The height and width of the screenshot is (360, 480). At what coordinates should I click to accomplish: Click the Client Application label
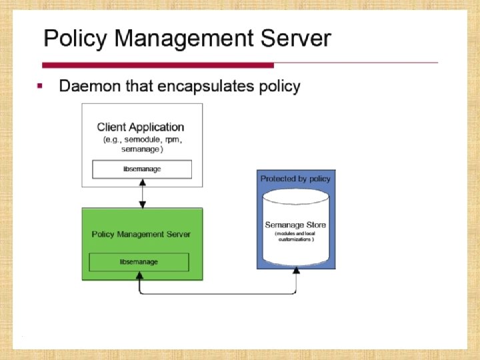[141, 127]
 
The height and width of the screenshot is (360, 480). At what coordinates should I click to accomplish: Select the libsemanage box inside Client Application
[141, 169]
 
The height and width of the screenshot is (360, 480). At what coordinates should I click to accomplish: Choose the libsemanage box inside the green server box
[139, 262]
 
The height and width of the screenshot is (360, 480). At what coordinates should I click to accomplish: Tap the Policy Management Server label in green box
[141, 234]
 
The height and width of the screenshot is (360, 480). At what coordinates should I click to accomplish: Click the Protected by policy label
[295, 179]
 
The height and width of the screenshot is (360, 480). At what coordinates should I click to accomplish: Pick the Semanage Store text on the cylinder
[295, 225]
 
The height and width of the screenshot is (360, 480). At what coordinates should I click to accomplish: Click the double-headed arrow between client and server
[141, 194]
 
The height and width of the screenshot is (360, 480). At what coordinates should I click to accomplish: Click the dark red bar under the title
[158, 65]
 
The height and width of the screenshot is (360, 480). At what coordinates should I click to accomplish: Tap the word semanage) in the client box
[141, 150]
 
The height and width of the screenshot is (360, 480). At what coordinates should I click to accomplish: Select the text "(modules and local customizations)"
[295, 237]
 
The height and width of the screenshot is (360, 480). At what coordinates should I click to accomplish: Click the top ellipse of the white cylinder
[295, 197]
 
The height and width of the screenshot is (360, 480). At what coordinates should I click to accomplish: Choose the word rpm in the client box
[171, 140]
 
